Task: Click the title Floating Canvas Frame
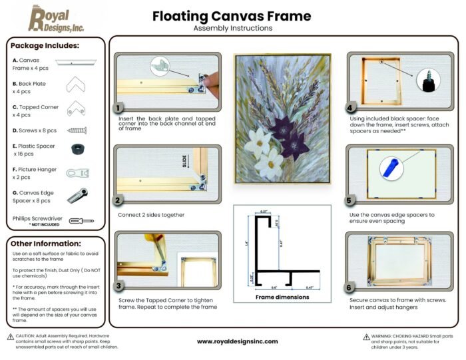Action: tap(231, 15)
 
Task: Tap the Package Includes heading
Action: tap(45, 46)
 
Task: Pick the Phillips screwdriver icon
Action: tap(81, 220)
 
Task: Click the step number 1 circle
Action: tap(118, 108)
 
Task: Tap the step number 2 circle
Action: tap(118, 199)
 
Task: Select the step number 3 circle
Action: tap(118, 287)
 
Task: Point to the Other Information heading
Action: tap(47, 244)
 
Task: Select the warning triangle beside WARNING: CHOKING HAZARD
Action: tap(366, 337)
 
